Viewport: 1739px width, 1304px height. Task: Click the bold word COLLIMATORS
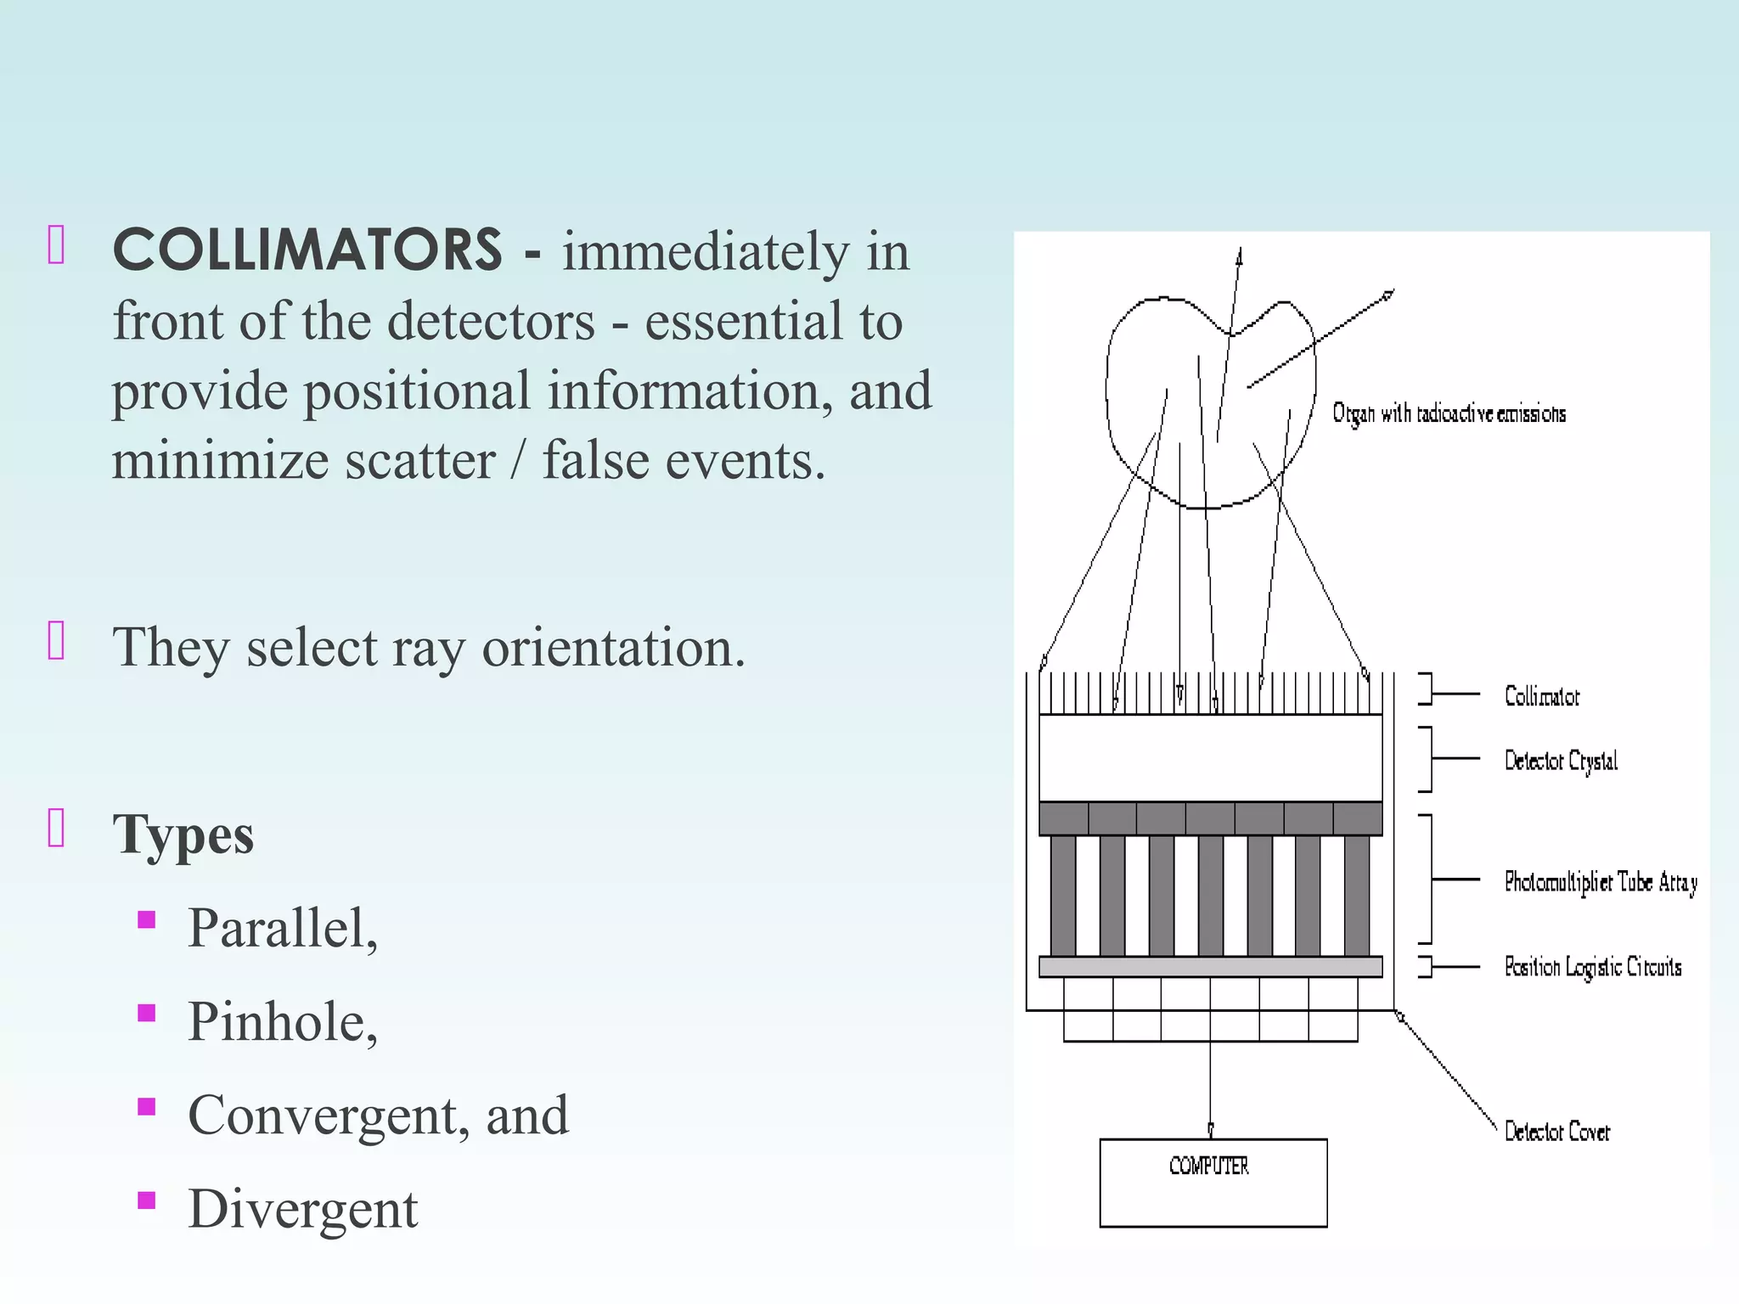(x=307, y=250)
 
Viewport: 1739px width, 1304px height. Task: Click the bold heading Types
(x=183, y=835)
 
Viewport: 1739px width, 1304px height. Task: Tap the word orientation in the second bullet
(x=612, y=648)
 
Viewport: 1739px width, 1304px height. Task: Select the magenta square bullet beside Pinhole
(x=147, y=1013)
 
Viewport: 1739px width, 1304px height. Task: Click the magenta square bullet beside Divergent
(x=147, y=1200)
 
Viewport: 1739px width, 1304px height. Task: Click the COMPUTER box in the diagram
(x=1213, y=1183)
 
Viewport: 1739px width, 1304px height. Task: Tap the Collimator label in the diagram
(x=1541, y=697)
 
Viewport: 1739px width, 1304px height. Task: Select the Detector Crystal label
(x=1561, y=761)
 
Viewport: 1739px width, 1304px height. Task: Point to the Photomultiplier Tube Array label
(x=1601, y=883)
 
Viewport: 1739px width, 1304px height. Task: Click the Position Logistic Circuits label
(x=1592, y=967)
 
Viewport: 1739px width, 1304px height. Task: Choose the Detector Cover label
(x=1556, y=1132)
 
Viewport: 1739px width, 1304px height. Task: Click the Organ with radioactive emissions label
(x=1449, y=413)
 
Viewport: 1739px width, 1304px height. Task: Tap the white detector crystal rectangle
(x=1210, y=757)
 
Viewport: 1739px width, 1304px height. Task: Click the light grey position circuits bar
(x=1210, y=966)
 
